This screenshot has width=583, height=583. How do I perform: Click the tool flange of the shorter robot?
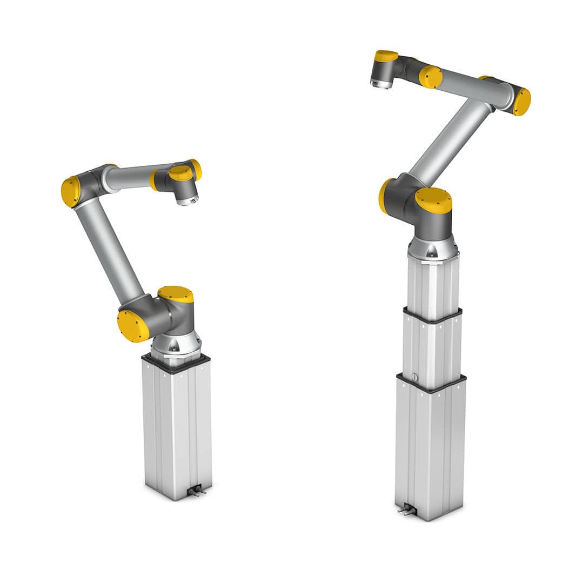[x=187, y=200]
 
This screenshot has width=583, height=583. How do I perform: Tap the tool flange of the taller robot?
[x=381, y=83]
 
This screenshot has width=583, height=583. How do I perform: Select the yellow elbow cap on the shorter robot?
[x=70, y=191]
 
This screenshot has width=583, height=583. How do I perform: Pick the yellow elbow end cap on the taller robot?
[x=522, y=102]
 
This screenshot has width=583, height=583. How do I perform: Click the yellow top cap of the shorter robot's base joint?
[x=176, y=294]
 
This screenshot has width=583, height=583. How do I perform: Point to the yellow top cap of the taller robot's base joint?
[x=433, y=200]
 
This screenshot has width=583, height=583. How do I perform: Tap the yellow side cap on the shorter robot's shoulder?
[x=132, y=326]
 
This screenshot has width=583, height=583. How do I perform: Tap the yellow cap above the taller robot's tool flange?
[x=386, y=55]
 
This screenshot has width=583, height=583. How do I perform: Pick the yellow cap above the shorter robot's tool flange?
[x=180, y=173]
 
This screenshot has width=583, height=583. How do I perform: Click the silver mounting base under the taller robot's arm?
[x=433, y=247]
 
